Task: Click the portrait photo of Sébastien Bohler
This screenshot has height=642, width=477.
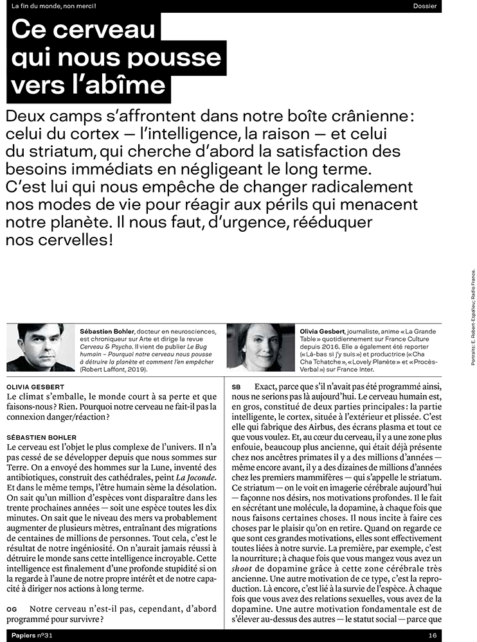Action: pos(40,347)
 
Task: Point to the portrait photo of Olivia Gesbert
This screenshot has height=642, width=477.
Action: pos(261,347)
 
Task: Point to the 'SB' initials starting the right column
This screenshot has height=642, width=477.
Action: pos(236,386)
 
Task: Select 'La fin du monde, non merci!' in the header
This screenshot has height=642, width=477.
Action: pos(50,6)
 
